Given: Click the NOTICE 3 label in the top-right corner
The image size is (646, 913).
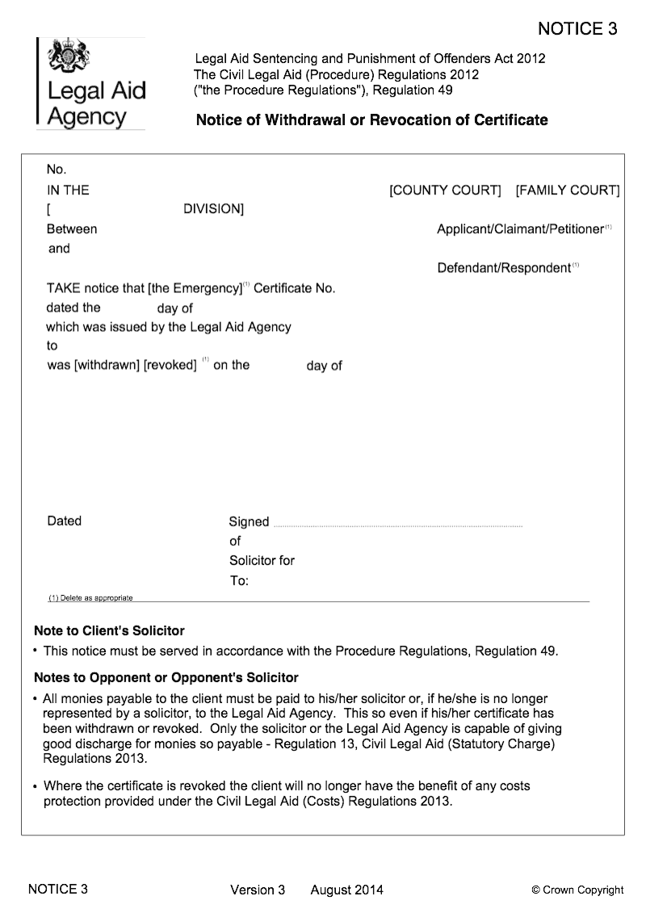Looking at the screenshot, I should [577, 29].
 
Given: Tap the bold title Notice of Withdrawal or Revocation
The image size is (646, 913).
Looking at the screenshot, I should [371, 120].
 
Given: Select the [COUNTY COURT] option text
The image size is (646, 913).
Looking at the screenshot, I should [445, 191].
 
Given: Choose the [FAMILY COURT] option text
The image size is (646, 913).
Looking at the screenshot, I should [568, 191].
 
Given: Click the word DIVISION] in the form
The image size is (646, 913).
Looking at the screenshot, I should [214, 209].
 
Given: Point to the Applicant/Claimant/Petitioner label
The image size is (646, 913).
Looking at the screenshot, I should [520, 229].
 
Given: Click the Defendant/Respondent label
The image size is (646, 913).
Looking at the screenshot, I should [504, 268].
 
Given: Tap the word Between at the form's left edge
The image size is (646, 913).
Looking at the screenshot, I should [72, 229].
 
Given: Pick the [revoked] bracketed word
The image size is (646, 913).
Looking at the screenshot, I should [170, 365].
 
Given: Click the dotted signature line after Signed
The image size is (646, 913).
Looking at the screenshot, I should [398, 526].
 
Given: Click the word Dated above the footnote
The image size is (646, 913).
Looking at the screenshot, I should [65, 521].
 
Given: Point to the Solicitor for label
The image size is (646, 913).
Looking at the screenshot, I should [262, 560].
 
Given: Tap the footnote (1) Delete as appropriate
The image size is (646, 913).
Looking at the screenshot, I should [90, 598].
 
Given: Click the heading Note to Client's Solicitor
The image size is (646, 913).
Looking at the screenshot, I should [109, 630].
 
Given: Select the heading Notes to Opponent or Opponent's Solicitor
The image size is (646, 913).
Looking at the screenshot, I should [166, 677].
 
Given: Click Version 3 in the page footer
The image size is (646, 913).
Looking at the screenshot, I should [258, 890].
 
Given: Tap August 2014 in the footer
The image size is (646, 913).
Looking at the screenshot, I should [346, 890].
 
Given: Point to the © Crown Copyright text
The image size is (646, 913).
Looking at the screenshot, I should [577, 890].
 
